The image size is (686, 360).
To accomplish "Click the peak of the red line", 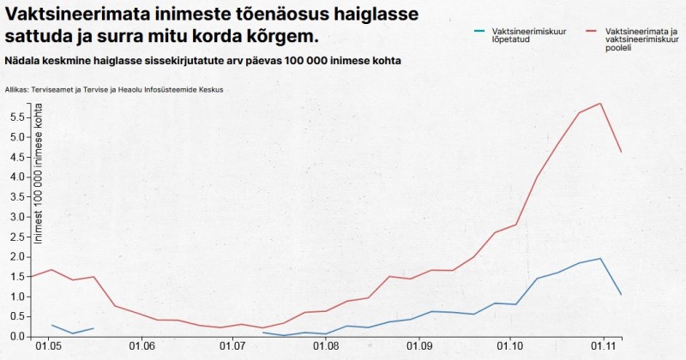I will coord(601,104).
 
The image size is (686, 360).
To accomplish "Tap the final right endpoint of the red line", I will coord(621,152).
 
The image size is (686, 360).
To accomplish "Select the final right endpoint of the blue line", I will coord(621,294).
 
